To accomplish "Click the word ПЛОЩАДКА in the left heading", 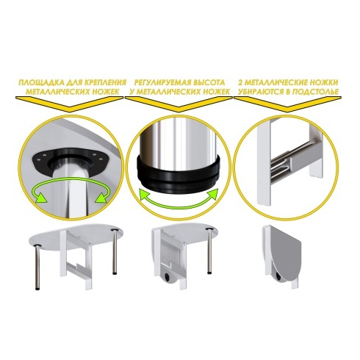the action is point(38,82).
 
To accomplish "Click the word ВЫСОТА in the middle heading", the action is point(209,82).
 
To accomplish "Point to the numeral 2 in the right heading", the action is point(240,82).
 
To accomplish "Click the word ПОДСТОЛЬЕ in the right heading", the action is point(317,92).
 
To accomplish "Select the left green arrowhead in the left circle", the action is point(40,197).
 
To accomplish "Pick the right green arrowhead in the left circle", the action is point(101,197).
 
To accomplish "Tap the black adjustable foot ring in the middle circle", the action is point(178,175).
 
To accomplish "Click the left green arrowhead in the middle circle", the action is point(145,193).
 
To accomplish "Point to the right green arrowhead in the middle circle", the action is point(212,193).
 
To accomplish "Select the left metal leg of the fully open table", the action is point(37,267).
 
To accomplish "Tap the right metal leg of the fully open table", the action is point(115,252).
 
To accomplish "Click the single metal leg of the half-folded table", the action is point(209,251).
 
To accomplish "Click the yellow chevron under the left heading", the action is point(69,104).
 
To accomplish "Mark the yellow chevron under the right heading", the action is point(287,104).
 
